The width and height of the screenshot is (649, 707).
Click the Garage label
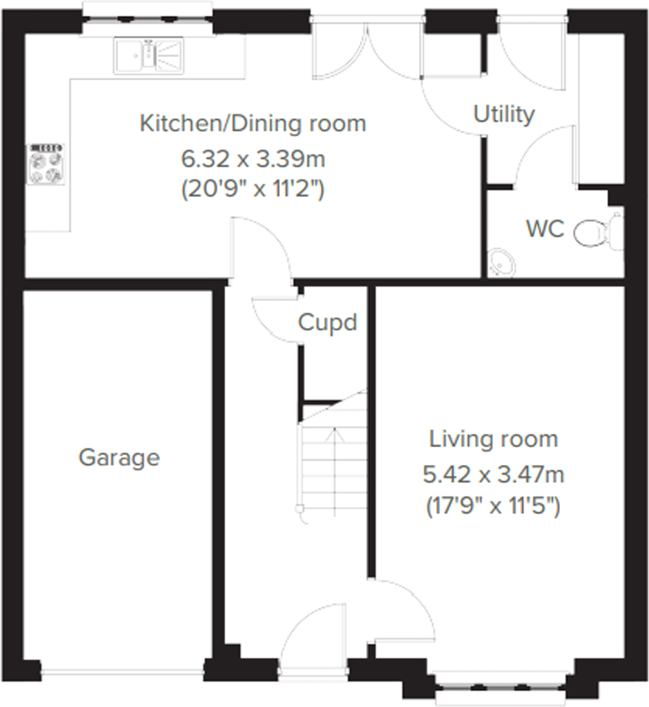click(x=119, y=458)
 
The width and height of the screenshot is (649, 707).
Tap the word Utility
click(x=504, y=115)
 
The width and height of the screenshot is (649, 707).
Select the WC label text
click(x=545, y=229)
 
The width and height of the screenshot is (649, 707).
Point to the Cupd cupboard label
click(x=327, y=323)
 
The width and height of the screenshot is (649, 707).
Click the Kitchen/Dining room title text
click(x=253, y=124)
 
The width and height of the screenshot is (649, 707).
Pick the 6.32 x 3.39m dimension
click(x=253, y=159)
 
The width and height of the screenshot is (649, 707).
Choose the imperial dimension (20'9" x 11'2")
click(x=253, y=189)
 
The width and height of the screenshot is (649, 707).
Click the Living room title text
click(x=493, y=439)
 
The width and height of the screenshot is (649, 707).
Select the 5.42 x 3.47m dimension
click(x=493, y=475)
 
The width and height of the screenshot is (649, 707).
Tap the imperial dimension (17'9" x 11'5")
click(x=493, y=506)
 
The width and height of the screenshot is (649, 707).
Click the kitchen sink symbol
click(x=149, y=56)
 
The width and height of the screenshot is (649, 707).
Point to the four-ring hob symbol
click(x=46, y=164)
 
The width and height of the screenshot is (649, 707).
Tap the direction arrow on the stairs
click(x=334, y=437)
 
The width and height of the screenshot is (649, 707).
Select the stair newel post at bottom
click(x=300, y=509)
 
